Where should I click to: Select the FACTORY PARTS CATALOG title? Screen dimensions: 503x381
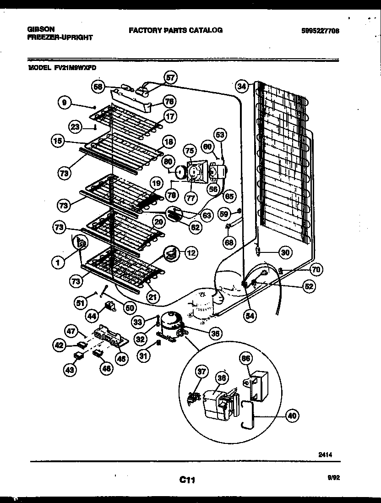pyautogui.click(x=175, y=30)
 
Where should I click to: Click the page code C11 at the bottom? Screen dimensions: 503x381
pyautogui.click(x=187, y=480)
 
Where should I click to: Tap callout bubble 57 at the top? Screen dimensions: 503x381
pyautogui.click(x=170, y=78)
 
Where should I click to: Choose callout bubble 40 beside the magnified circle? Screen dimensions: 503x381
pyautogui.click(x=293, y=416)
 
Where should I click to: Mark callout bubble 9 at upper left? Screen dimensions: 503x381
pyautogui.click(x=65, y=103)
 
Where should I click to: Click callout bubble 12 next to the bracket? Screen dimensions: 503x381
pyautogui.click(x=190, y=251)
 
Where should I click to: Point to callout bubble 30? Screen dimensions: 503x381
pyautogui.click(x=285, y=251)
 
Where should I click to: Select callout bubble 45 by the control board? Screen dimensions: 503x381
pyautogui.click(x=121, y=359)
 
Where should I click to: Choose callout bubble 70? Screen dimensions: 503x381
pyautogui.click(x=316, y=269)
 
